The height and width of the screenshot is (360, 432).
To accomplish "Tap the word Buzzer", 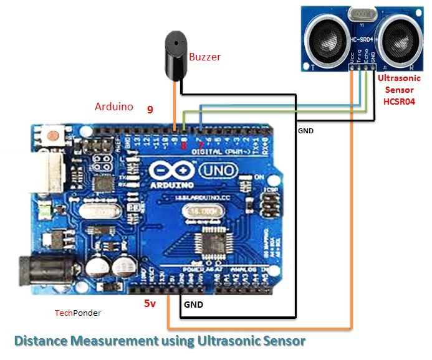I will tap(205, 57).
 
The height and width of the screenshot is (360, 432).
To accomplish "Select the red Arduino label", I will tap(113, 107).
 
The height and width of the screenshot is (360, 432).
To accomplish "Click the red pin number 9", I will tap(150, 110).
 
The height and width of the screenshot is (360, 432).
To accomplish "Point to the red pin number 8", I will tap(183, 146).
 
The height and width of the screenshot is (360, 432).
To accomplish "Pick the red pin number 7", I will tap(201, 144).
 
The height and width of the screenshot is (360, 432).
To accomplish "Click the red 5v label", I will tap(150, 304).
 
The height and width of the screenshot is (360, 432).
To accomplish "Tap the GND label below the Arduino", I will tap(193, 305).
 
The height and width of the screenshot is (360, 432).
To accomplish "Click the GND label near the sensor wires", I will tap(305, 131).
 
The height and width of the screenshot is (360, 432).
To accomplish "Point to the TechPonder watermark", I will tap(77, 313).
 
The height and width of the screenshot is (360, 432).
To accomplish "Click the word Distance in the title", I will tap(41, 341).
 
